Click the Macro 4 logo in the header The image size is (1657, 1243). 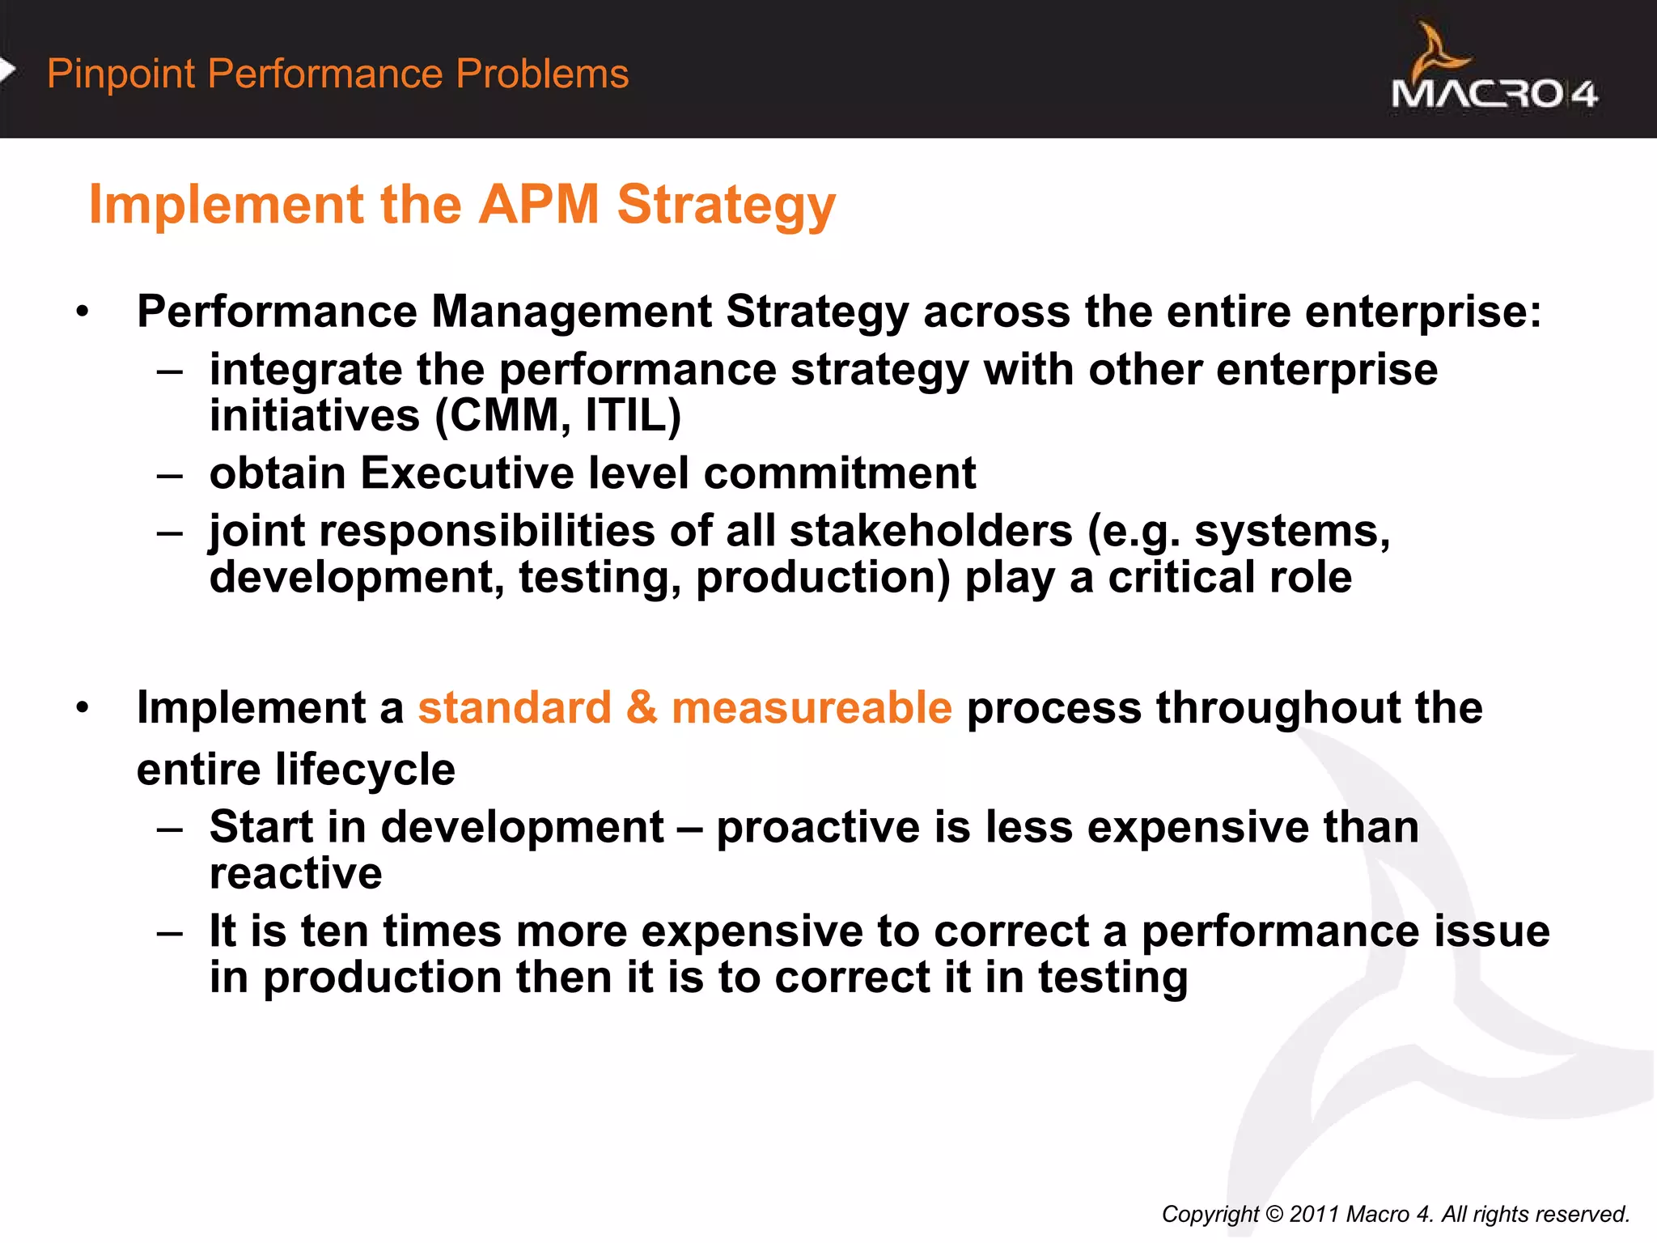click(1494, 71)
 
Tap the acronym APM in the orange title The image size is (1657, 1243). click(539, 204)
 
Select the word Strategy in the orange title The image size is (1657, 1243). click(726, 206)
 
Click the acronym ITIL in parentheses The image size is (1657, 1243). click(633, 416)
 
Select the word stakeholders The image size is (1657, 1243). click(930, 532)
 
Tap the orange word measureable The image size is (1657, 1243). click(812, 707)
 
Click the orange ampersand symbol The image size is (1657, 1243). click(642, 707)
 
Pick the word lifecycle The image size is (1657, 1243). click(365, 769)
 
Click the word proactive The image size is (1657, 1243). click(818, 828)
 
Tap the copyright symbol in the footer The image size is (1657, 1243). click(1273, 1214)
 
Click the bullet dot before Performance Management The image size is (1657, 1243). click(82, 312)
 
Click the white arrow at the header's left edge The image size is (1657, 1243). click(7, 70)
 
